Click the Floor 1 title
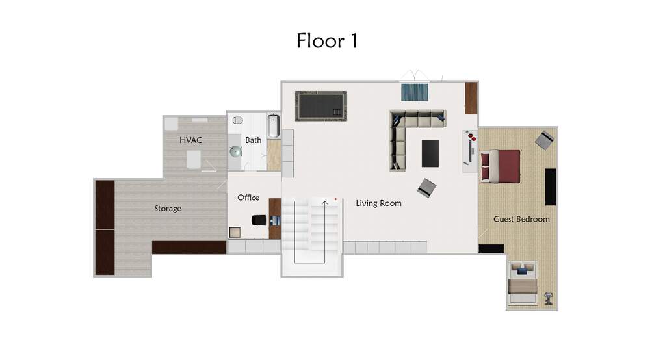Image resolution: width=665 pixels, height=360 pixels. click(327, 41)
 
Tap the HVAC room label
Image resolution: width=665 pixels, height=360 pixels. click(190, 140)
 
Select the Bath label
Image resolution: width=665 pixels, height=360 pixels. click(253, 140)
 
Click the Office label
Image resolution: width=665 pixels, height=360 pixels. click(248, 198)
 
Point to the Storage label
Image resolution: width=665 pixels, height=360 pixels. click(168, 209)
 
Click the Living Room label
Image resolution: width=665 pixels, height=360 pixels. click(379, 203)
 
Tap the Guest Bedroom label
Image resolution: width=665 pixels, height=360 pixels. click(521, 219)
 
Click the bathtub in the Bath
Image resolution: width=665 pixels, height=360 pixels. click(274, 126)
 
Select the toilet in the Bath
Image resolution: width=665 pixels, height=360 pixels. click(237, 120)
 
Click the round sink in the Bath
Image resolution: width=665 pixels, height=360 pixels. click(235, 151)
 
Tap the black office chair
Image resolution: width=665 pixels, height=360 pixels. click(259, 220)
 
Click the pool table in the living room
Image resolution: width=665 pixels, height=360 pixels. click(321, 106)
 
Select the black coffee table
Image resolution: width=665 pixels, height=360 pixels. click(430, 153)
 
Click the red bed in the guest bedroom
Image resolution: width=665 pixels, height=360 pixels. click(500, 166)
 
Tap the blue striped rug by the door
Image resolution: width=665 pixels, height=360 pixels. click(415, 92)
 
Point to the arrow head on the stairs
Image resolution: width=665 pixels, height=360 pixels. click(325, 203)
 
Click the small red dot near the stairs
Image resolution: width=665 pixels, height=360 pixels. click(335, 199)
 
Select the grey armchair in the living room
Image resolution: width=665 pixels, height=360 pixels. click(426, 188)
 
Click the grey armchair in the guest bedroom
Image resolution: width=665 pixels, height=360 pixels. click(545, 140)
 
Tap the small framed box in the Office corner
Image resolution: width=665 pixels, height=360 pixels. click(235, 233)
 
